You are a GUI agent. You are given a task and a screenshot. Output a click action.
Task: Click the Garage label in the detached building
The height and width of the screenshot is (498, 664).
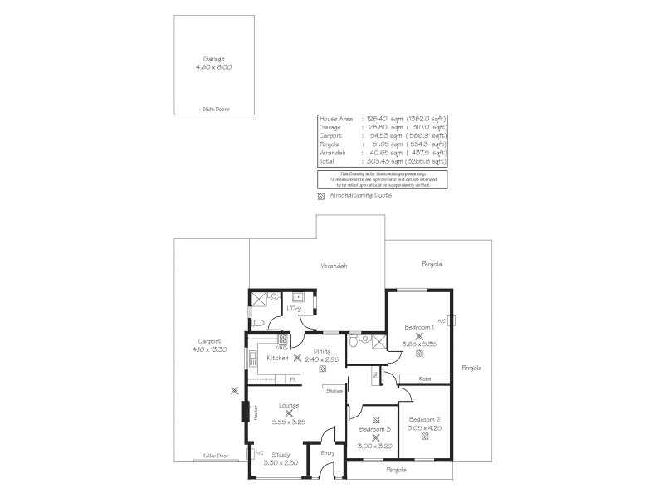point(214,59)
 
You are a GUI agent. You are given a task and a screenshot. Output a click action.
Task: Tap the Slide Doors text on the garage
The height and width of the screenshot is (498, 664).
point(215,110)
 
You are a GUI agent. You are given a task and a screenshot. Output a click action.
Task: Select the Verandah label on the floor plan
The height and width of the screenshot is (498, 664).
point(334,266)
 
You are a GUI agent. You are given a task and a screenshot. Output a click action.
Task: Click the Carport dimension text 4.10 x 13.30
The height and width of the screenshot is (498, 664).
point(209,349)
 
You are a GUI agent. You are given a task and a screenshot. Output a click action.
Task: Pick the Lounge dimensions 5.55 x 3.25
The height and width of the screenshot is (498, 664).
point(289,420)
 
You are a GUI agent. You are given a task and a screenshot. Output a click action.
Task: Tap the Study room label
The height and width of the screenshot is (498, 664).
point(281,454)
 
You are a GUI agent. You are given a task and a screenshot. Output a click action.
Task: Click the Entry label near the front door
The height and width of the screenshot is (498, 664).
point(327,452)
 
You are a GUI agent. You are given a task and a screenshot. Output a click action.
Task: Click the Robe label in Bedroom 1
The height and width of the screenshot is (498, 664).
point(424,378)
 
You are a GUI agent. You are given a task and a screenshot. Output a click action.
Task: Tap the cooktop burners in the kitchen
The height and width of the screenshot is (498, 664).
point(282,339)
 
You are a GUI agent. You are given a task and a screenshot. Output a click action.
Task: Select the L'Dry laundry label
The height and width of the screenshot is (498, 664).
point(293,309)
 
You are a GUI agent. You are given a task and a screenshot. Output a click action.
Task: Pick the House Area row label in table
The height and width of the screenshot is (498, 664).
point(335,120)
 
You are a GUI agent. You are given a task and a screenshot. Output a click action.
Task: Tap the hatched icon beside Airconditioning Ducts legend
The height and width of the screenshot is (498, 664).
point(322,196)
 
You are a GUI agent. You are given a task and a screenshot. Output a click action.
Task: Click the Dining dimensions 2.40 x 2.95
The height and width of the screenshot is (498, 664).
point(322,359)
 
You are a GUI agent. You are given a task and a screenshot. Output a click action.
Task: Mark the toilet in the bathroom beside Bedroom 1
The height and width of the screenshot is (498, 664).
point(355,341)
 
